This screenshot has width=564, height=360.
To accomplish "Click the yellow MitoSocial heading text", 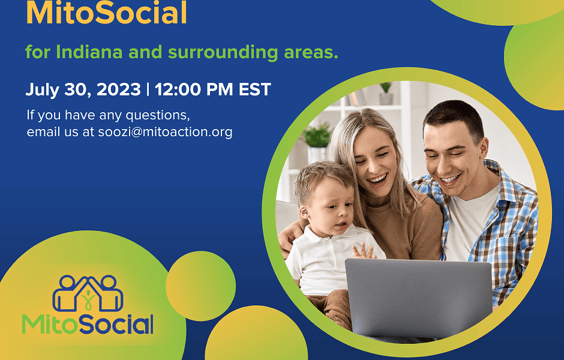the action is pyautogui.click(x=106, y=13).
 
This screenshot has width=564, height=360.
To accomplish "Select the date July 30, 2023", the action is pyautogui.click(x=83, y=89).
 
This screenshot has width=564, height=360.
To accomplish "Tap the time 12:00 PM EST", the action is pyautogui.click(x=212, y=89).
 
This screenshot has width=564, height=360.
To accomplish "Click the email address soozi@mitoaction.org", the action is pyautogui.click(x=165, y=131).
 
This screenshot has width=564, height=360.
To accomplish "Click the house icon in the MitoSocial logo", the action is pyautogui.click(x=88, y=293).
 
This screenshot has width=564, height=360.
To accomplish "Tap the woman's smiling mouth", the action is pyautogui.click(x=377, y=179).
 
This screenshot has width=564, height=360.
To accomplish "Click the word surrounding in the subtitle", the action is pyautogui.click(x=223, y=53).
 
